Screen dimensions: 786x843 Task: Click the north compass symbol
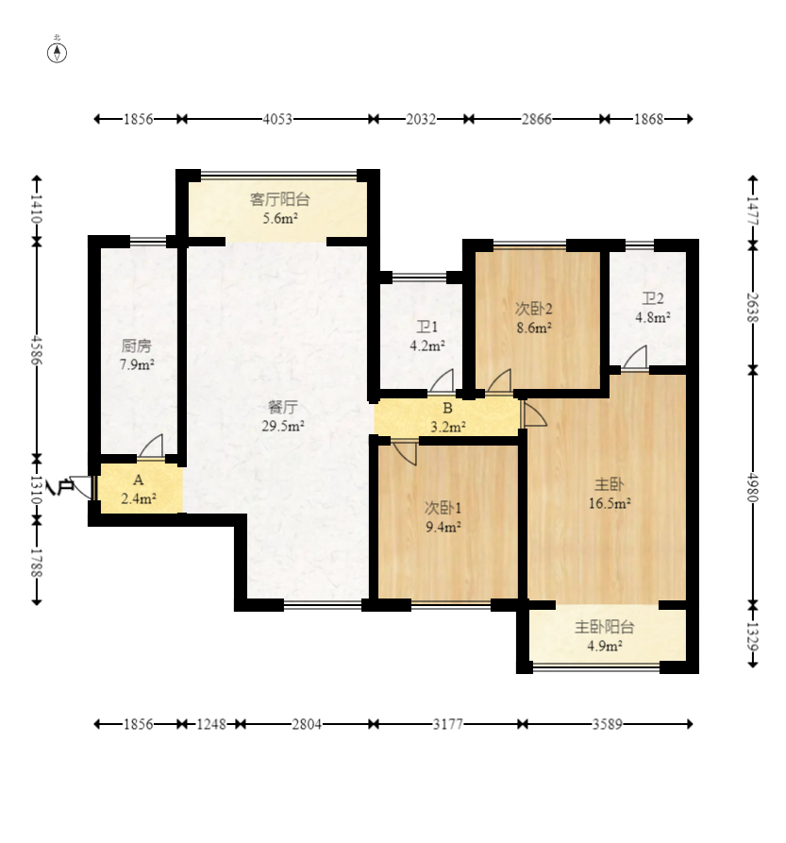(57, 53)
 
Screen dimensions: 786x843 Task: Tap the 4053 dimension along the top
(277, 119)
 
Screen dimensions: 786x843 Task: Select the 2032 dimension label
(421, 119)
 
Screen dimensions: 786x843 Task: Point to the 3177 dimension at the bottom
(447, 724)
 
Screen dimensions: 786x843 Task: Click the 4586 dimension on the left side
(37, 350)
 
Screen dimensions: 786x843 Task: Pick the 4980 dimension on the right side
(753, 487)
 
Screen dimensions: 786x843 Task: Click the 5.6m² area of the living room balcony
(280, 218)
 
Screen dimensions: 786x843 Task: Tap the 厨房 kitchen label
(137, 346)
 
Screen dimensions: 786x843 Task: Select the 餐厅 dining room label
(282, 407)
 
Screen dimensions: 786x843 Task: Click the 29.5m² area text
(283, 426)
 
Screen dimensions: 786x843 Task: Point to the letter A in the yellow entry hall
(138, 480)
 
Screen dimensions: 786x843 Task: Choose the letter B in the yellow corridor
(447, 408)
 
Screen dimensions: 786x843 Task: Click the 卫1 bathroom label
(427, 327)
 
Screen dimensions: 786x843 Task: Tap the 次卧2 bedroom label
(533, 309)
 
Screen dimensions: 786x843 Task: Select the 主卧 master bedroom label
(610, 484)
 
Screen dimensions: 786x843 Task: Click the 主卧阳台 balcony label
(605, 627)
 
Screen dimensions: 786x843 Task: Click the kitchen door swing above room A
(151, 446)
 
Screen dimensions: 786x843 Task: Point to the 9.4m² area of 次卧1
(443, 527)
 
